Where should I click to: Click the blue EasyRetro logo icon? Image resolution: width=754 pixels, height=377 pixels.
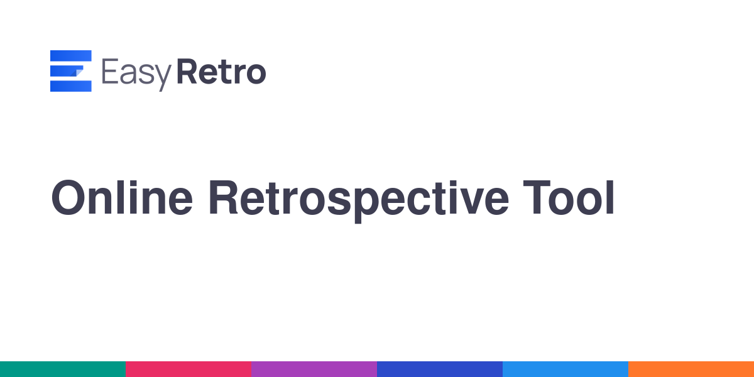pos(70,70)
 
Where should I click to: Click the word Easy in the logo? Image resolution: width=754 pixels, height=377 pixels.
pos(136,74)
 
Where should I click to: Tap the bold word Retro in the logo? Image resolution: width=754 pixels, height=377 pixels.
pos(221,72)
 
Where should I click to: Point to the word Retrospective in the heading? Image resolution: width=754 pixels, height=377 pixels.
pos(359,201)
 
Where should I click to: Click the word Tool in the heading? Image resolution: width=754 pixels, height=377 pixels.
pos(569,197)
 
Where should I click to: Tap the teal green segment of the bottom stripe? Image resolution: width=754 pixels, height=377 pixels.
pos(63,369)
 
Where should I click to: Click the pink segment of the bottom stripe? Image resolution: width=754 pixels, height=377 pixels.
pos(188,369)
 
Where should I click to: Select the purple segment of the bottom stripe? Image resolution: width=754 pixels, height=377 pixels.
pos(314,369)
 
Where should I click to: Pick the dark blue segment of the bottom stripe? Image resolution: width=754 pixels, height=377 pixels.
pos(440,369)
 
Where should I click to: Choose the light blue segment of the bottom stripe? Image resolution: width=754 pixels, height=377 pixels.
pos(565,369)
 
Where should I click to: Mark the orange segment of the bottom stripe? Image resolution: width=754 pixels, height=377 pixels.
pos(691,369)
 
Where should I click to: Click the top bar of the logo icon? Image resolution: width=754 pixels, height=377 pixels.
pos(70,56)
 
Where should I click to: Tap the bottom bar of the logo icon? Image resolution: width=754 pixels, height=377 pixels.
pos(70,86)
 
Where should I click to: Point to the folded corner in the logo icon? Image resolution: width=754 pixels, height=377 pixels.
pos(78,72)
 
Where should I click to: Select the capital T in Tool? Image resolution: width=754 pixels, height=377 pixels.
pos(537,197)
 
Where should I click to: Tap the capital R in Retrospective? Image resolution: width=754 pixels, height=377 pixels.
pos(224,197)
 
